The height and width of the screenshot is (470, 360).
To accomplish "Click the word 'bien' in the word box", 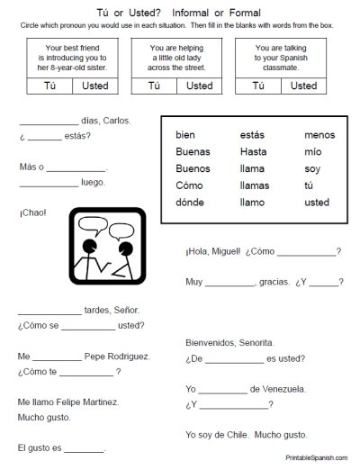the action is click(185, 135).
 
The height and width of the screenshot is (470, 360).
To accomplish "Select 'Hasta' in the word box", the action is click(254, 151).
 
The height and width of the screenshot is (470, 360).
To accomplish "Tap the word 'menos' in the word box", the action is click(319, 135).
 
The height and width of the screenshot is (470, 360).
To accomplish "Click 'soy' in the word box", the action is click(313, 168).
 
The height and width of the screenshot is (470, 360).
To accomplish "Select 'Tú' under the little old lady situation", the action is click(153, 86).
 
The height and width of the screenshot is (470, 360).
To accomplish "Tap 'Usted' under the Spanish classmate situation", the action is click(303, 86).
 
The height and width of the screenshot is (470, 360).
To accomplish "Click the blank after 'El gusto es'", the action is click(85, 447).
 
